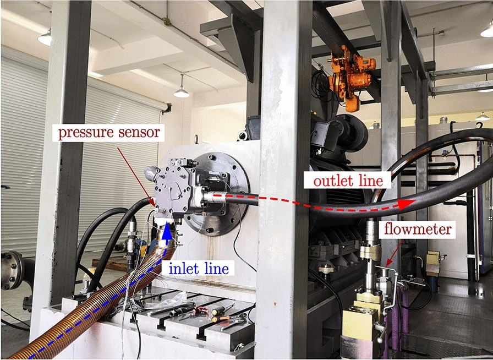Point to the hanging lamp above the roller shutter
click(182, 91)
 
